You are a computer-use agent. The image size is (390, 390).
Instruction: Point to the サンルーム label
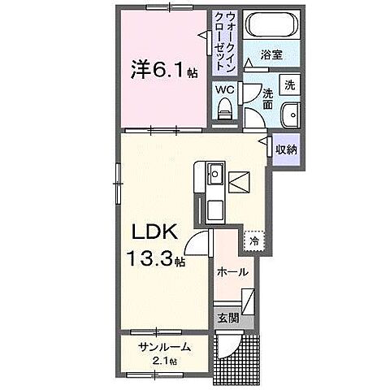pyautogui.click(x=164, y=347)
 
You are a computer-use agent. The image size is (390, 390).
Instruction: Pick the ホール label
pyautogui.click(x=232, y=274)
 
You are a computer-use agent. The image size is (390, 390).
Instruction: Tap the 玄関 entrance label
pyautogui.click(x=227, y=318)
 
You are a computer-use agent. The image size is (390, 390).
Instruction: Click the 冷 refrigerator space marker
pyautogui.click(x=253, y=241)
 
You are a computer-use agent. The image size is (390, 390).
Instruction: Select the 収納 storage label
pyautogui.click(x=285, y=150)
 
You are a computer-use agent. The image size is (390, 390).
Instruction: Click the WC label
pyautogui.click(x=225, y=90)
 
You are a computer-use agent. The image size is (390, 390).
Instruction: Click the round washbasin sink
pyautogui.click(x=290, y=115)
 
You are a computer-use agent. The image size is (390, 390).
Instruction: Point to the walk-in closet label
pyautogui.click(x=222, y=40)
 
